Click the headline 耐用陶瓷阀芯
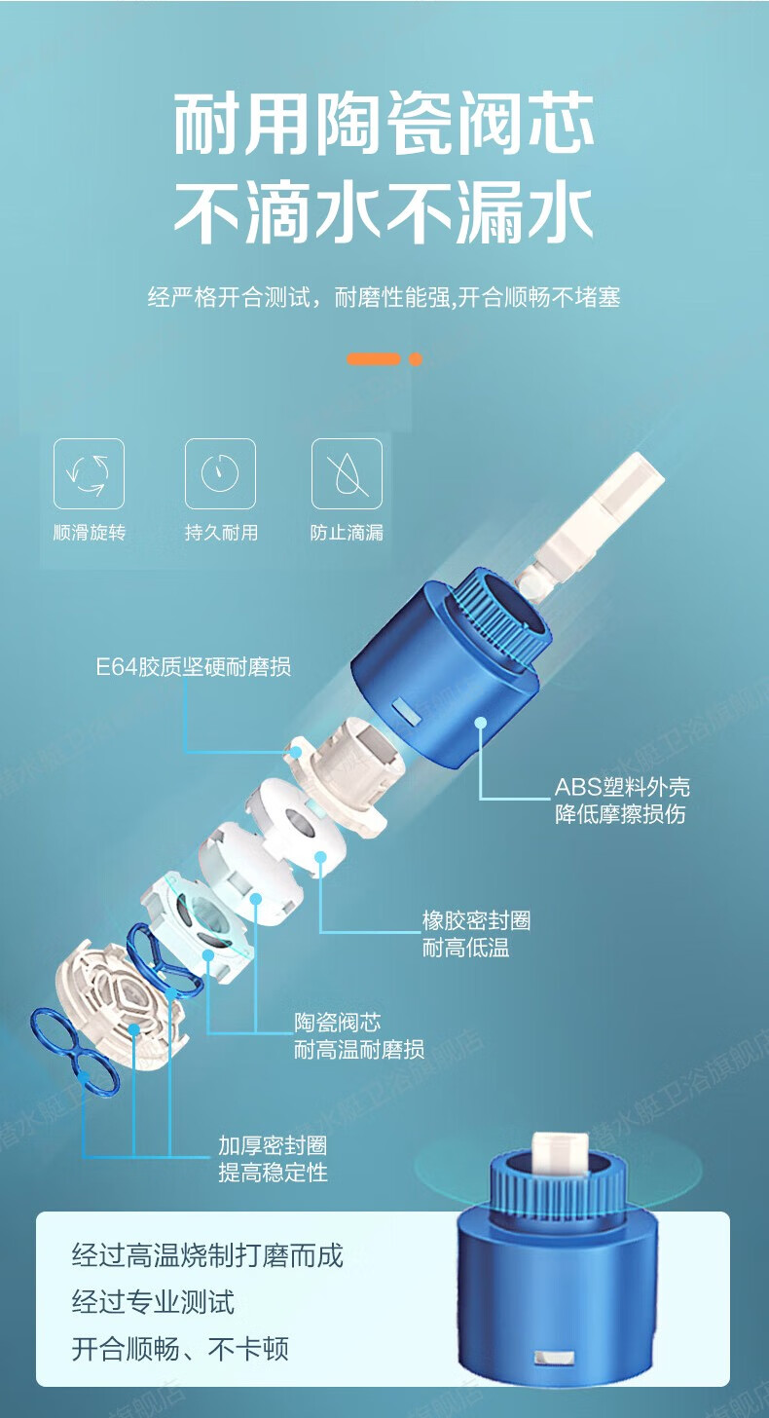click(384, 124)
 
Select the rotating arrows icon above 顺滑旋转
click(89, 473)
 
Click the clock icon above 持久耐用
click(220, 472)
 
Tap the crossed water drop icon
click(347, 473)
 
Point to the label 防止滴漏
click(347, 533)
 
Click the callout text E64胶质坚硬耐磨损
click(194, 666)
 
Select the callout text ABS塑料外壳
click(622, 787)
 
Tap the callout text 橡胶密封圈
click(477, 920)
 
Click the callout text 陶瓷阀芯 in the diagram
click(338, 1023)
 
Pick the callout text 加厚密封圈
click(273, 1145)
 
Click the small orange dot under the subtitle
click(416, 359)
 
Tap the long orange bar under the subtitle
click(374, 359)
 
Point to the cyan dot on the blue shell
click(481, 722)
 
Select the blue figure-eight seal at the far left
click(74, 1052)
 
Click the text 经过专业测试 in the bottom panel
click(153, 1301)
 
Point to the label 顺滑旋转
click(90, 533)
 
